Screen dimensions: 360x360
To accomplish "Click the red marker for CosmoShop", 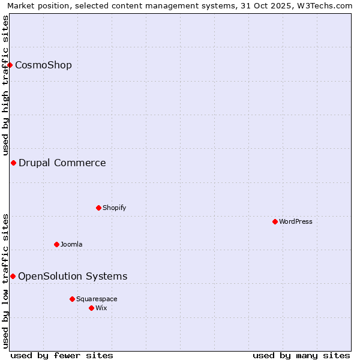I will click(10, 65).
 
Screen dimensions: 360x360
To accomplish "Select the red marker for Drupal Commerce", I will click(13, 163).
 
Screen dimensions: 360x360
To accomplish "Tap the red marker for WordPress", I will click(275, 221).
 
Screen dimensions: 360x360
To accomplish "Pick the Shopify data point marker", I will click(99, 208).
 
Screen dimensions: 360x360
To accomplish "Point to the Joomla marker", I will click(57, 244).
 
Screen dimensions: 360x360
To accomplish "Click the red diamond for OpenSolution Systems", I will click(13, 276).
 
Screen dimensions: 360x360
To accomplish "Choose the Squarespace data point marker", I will click(73, 299).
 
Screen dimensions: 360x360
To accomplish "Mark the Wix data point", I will click(92, 308).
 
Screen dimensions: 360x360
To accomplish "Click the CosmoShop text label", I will click(43, 65).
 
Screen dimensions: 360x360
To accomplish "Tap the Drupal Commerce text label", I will click(62, 163).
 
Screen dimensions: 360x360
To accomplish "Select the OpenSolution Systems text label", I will click(73, 276).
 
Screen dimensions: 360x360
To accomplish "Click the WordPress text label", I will click(296, 221).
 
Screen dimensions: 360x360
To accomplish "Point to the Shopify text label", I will click(114, 208).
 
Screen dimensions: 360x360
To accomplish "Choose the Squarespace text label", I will click(97, 299).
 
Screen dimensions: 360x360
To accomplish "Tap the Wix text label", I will click(101, 308).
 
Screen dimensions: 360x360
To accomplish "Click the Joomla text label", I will click(71, 244).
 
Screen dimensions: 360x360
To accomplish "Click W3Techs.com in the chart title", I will click(328, 5).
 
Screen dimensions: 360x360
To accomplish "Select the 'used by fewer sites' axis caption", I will click(62, 355).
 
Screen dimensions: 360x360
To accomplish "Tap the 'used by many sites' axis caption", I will click(301, 355).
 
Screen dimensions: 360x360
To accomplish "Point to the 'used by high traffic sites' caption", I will click(5, 86).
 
